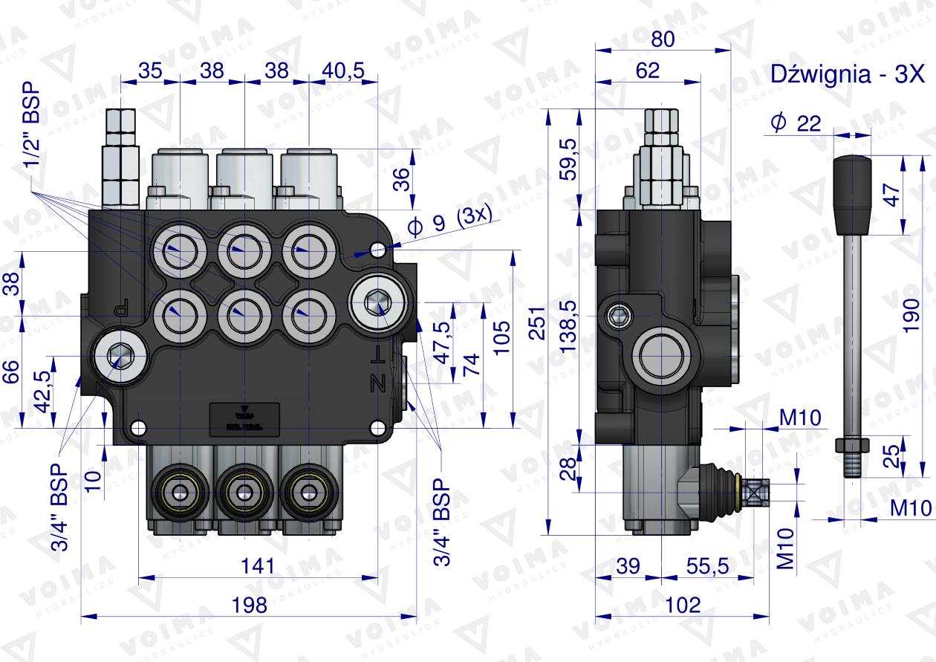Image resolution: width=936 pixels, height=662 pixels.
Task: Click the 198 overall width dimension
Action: pos(249,605)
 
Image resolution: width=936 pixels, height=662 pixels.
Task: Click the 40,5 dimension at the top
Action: pos(344,71)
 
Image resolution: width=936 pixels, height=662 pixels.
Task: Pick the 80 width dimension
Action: pos(663,39)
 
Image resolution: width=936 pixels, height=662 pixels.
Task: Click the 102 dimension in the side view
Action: pos(683,605)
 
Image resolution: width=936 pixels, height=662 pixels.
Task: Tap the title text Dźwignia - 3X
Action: pos(845,75)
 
